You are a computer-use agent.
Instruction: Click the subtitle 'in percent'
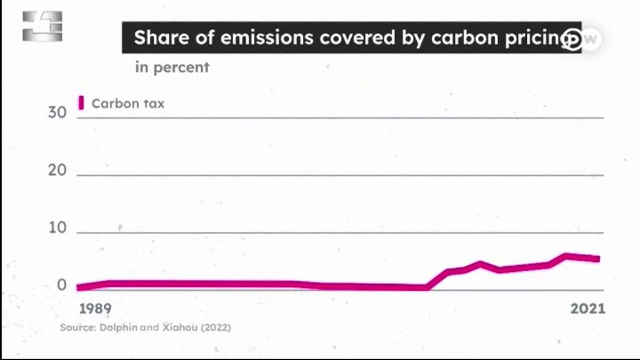(172, 67)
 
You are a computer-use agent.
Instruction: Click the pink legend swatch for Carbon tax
(81, 103)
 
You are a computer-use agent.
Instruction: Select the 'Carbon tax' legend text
(128, 104)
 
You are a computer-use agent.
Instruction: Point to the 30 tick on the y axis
(57, 112)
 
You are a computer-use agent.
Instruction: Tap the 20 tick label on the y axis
(57, 170)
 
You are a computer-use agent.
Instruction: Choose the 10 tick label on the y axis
(57, 227)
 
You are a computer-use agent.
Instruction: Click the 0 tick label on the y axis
(62, 285)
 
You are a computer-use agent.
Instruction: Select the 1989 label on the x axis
(95, 309)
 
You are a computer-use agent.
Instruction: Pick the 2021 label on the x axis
(587, 309)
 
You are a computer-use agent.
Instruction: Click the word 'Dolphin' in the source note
(118, 327)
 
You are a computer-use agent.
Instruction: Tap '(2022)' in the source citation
(216, 327)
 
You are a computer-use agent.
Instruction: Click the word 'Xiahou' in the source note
(180, 327)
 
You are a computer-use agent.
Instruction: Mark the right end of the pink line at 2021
(599, 259)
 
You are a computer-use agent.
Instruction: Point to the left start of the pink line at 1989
(78, 287)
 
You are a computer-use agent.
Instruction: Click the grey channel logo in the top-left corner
(42, 26)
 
